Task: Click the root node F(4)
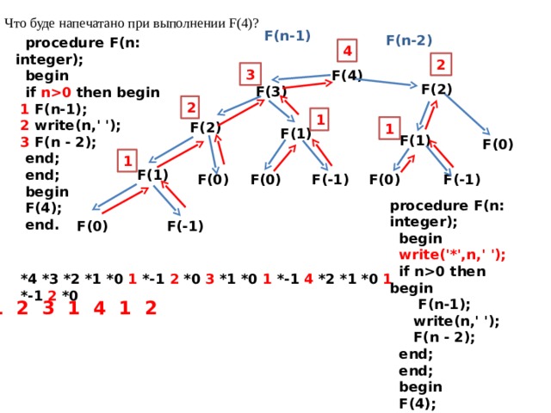(x=347, y=75)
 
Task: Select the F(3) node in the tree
(x=271, y=92)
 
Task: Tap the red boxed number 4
(x=347, y=51)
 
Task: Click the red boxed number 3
(x=251, y=74)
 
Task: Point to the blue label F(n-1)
(x=288, y=35)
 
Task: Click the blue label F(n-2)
(x=409, y=40)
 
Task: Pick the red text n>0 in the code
(x=56, y=92)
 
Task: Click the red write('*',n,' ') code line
(x=452, y=255)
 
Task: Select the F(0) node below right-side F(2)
(x=498, y=145)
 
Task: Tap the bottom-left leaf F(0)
(x=92, y=225)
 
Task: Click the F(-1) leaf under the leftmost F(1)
(x=185, y=225)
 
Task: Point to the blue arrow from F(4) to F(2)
(x=386, y=82)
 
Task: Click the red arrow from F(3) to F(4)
(x=308, y=84)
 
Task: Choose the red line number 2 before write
(x=24, y=126)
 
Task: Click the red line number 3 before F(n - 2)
(x=24, y=142)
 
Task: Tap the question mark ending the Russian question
(x=256, y=23)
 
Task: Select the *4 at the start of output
(x=28, y=279)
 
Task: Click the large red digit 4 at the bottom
(x=100, y=308)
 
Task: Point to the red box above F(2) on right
(x=441, y=65)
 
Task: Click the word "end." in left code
(x=42, y=225)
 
